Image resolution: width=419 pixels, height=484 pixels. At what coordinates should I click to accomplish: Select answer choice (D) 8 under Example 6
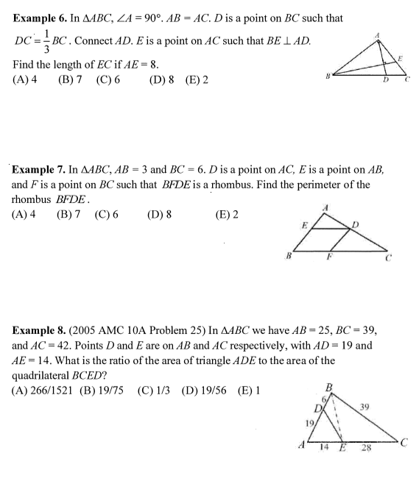pos(161,78)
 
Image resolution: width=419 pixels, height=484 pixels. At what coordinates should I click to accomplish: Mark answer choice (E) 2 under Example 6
pos(197,78)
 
